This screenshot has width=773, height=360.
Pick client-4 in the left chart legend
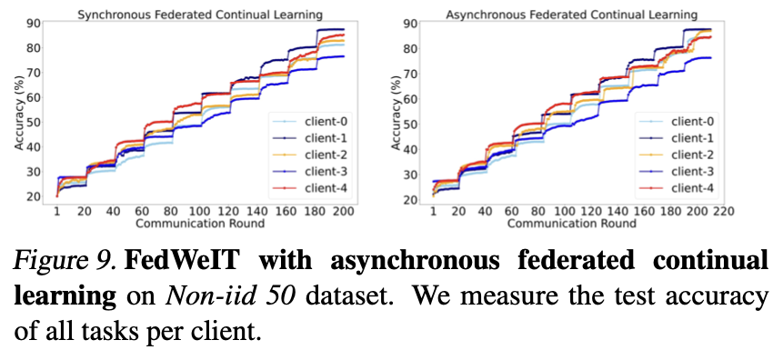click(x=320, y=189)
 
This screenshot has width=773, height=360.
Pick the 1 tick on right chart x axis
click(x=434, y=211)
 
